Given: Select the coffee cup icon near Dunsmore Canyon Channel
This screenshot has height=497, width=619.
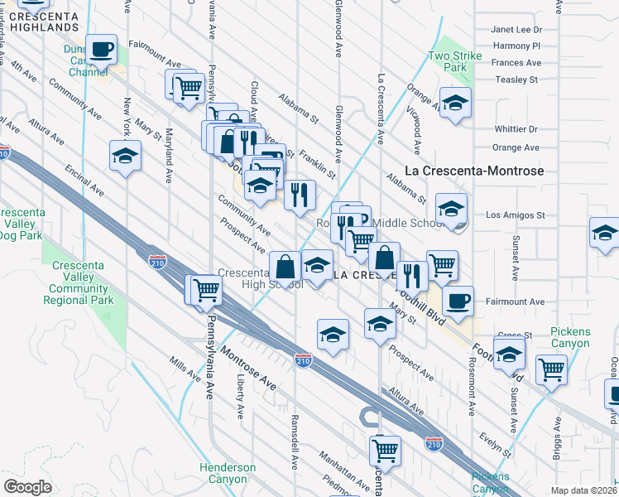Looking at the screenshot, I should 101,50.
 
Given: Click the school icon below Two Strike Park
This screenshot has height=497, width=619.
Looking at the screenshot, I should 455,104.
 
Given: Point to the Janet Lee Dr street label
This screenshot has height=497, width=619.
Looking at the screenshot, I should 516,29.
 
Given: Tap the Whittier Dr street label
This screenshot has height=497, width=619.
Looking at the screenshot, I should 515,129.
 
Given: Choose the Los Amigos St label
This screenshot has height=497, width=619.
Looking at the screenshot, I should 516,215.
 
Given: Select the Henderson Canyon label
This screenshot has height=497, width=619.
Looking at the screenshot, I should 223,473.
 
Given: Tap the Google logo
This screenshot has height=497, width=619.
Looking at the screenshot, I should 28,487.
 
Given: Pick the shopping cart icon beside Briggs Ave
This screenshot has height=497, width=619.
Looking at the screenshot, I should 551,370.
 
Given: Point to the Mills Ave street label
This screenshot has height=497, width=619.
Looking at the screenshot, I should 185,369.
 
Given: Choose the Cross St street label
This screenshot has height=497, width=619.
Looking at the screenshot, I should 514,335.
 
